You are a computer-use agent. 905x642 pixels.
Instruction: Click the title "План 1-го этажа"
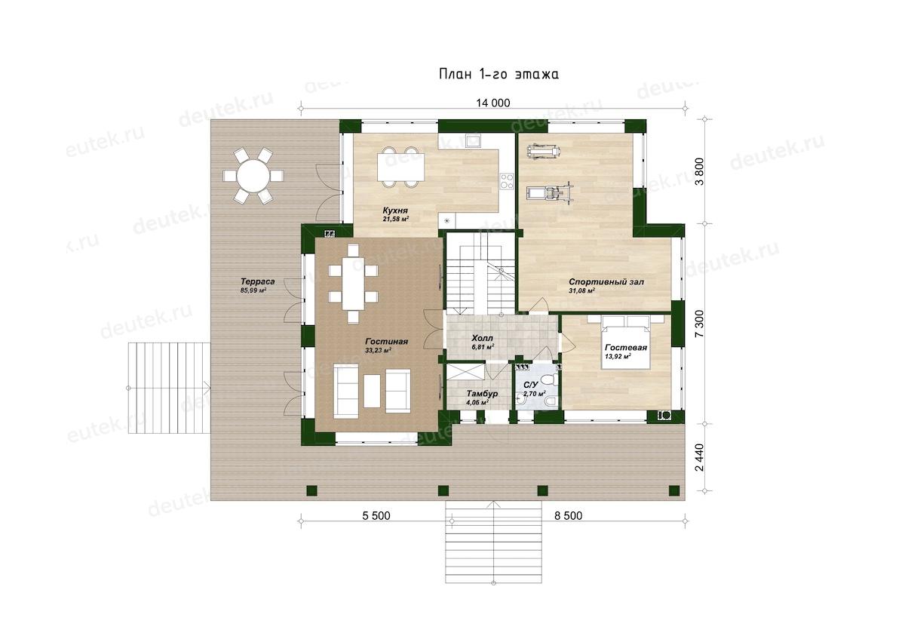pos(499,75)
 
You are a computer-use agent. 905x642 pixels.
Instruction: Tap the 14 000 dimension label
pos(493,103)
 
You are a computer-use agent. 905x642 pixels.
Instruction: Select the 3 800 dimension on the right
pos(700,171)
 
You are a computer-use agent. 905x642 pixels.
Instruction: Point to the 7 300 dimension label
pos(700,324)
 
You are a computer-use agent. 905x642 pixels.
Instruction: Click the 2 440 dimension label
pos(700,457)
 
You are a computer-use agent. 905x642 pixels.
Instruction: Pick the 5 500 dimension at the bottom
pos(376,515)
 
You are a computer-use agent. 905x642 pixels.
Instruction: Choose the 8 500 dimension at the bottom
pos(568,515)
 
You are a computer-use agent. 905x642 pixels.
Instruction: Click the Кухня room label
pos(395,210)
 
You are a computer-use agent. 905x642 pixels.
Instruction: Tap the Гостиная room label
pos(387,342)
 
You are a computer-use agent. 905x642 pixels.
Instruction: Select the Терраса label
pos(258,281)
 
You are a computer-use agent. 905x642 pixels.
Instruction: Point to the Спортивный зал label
pos(606,282)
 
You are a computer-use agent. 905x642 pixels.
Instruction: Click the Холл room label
pos(483,338)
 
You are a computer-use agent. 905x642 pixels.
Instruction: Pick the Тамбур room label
pos(482,393)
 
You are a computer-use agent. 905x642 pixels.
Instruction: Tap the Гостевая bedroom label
pos(626,348)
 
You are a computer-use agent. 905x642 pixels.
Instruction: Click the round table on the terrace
pos(253,176)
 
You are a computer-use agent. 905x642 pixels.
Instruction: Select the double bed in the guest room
pos(626,342)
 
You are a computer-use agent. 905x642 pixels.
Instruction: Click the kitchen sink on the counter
pos(472,141)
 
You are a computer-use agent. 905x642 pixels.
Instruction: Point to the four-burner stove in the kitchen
pos(507,181)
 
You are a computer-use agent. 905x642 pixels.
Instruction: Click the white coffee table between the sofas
pos(372,391)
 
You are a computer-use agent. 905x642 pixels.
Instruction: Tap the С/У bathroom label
pos(530,385)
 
